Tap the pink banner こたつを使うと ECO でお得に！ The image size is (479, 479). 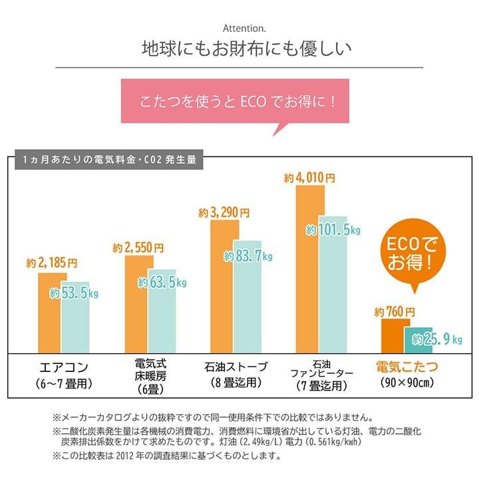tap(237, 104)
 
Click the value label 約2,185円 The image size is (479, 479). tap(53, 263)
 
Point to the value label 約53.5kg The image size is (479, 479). tap(74, 293)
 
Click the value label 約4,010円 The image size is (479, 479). tap(309, 178)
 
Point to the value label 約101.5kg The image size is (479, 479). tap(333, 230)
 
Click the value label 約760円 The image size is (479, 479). tap(395, 311)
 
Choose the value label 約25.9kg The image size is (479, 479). tap(436, 340)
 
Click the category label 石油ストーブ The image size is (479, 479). tap(236, 367)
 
